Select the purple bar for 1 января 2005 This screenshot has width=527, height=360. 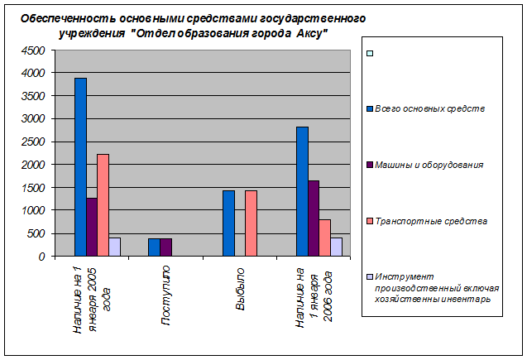[92, 227]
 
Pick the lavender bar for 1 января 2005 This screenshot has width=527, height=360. [114, 247]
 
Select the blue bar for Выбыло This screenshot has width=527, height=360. [228, 223]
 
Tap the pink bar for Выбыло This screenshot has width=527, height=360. [251, 223]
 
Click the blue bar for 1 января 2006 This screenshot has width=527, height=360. [302, 191]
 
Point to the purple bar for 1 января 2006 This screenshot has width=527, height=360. [314, 218]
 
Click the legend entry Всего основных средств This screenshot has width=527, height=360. [429, 108]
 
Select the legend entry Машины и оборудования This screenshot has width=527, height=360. [429, 165]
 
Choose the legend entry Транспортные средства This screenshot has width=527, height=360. [429, 221]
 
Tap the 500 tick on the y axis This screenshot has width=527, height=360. [36, 233]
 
